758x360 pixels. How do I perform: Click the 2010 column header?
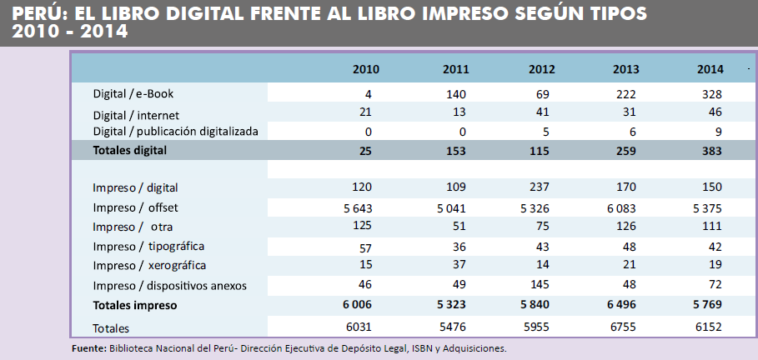coord(365,69)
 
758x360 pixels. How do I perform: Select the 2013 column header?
coord(625,69)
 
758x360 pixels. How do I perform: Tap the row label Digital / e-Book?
coord(133,94)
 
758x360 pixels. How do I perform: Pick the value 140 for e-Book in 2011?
coord(454,94)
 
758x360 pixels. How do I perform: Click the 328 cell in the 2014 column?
coord(711,94)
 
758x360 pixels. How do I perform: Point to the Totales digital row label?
coord(130,150)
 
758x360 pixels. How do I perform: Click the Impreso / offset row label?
coord(135,207)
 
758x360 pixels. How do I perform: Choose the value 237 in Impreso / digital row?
coord(539,187)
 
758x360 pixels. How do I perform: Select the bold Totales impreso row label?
coord(134,306)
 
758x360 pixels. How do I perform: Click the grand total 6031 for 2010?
coord(359,327)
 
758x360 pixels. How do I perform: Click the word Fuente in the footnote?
coord(88,348)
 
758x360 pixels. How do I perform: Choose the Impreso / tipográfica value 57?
coord(365,246)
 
